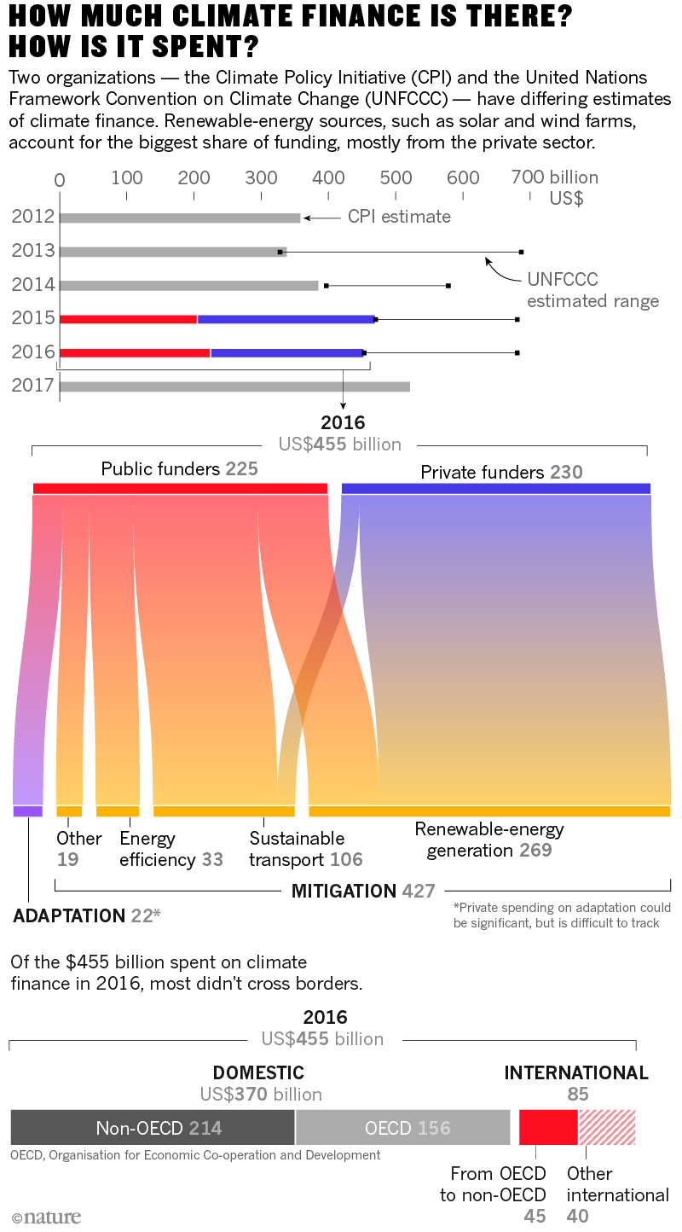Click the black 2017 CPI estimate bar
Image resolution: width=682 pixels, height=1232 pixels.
234,386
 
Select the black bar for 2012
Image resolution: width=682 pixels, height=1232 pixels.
180,218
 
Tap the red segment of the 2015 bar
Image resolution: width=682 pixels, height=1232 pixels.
128,319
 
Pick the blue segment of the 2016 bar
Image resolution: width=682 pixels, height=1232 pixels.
287,352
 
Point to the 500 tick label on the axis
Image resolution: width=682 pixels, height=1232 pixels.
395,178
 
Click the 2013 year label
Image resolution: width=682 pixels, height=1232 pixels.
33,251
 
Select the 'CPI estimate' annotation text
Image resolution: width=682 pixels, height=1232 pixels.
399,217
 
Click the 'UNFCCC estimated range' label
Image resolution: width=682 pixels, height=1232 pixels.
592,290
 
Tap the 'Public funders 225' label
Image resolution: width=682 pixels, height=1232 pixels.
179,469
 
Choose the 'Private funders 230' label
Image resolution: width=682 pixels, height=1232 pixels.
501,472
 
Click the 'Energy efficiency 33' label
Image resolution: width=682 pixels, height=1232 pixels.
170,849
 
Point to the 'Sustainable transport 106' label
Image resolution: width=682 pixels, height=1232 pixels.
305,849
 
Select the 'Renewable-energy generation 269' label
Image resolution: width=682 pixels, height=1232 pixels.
489,840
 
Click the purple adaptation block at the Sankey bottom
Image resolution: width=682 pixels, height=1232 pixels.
28,811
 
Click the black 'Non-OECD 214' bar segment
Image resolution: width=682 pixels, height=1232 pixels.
153,1127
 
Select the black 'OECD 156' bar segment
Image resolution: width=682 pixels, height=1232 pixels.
402,1127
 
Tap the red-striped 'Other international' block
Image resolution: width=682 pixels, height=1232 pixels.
607,1127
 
